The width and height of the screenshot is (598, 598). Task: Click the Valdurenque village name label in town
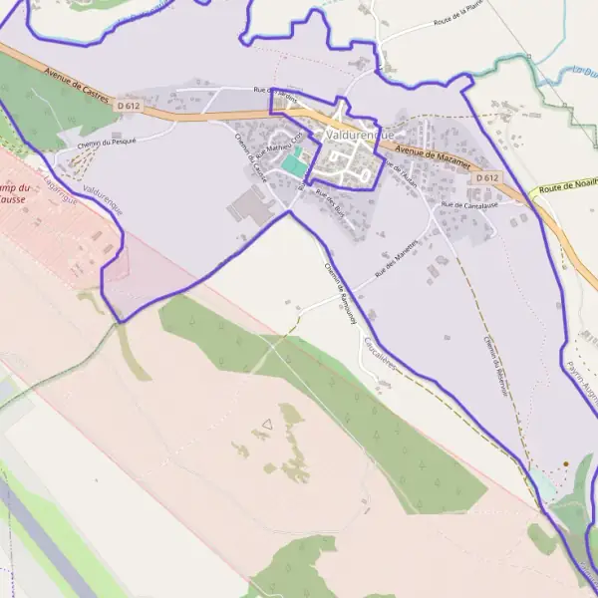(360, 135)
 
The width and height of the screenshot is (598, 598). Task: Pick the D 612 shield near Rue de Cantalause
(486, 177)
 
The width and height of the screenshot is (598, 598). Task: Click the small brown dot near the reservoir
(565, 463)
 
